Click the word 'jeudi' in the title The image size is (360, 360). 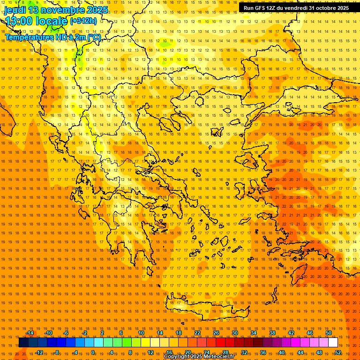click(x=15, y=10)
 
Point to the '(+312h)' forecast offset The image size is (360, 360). click(x=83, y=21)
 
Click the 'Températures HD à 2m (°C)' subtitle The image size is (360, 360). click(x=52, y=37)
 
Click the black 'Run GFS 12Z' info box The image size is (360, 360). click(x=296, y=7)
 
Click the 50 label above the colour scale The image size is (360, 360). click(x=329, y=333)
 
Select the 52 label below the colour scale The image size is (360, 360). click(x=338, y=352)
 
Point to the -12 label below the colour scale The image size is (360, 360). click(x=39, y=352)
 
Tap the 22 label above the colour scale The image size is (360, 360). click(x=197, y=333)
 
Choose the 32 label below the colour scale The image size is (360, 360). click(x=244, y=352)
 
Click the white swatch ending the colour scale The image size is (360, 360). click(x=333, y=343)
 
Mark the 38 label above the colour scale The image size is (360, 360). click(x=272, y=333)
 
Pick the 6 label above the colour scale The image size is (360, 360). click(x=121, y=333)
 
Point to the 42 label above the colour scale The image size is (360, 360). click(x=291, y=333)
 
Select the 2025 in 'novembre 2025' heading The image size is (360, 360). click(x=97, y=10)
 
